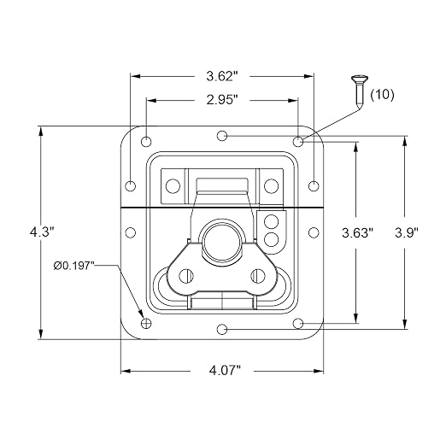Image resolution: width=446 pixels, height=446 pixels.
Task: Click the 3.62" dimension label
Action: click(222, 76)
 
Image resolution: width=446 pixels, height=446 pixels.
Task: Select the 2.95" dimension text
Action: click(222, 100)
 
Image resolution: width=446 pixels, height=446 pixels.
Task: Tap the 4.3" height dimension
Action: click(42, 232)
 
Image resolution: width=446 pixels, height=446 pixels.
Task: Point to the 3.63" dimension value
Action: click(357, 233)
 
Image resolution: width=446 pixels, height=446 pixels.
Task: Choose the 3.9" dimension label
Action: click(406, 233)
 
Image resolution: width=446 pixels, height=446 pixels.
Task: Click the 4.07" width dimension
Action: click(225, 371)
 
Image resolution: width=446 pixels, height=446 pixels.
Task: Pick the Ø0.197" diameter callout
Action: click(73, 266)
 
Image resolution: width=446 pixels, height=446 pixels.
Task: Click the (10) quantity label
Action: click(382, 95)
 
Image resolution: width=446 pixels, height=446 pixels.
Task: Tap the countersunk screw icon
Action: click(360, 91)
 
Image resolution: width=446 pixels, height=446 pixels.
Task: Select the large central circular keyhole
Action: click(221, 240)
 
